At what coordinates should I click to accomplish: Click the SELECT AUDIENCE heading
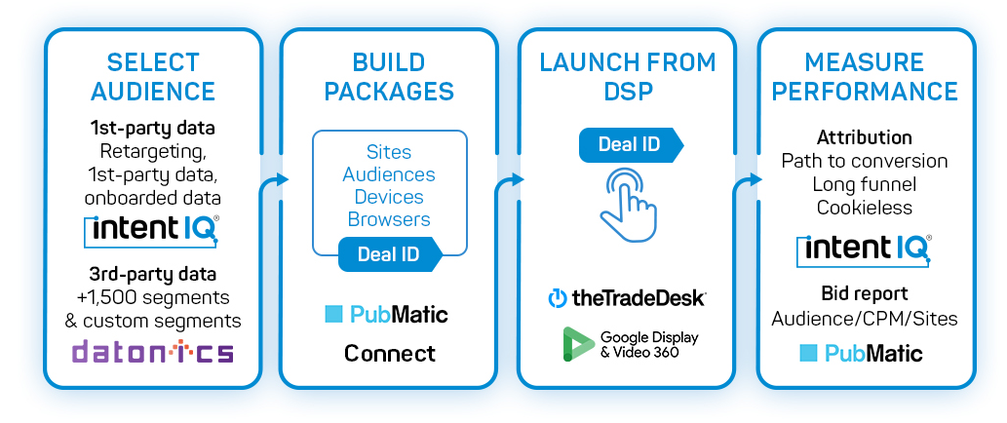(x=153, y=77)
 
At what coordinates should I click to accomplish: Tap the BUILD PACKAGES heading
(x=389, y=77)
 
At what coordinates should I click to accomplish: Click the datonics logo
(x=153, y=351)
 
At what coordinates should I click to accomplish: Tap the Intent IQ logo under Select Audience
(x=153, y=230)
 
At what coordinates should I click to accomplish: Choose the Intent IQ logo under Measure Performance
(x=865, y=250)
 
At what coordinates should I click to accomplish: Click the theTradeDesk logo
(x=626, y=297)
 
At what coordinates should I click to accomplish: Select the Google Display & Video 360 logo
(x=630, y=343)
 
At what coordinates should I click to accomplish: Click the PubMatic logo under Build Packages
(x=387, y=314)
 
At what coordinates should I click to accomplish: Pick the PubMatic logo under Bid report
(x=861, y=353)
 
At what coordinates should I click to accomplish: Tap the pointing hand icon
(x=628, y=202)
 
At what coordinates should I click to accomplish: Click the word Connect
(x=389, y=353)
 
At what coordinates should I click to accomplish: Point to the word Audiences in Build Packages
(x=389, y=174)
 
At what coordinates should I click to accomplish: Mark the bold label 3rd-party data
(x=153, y=273)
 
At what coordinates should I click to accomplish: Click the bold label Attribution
(x=865, y=137)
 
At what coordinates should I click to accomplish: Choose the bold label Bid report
(x=865, y=293)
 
